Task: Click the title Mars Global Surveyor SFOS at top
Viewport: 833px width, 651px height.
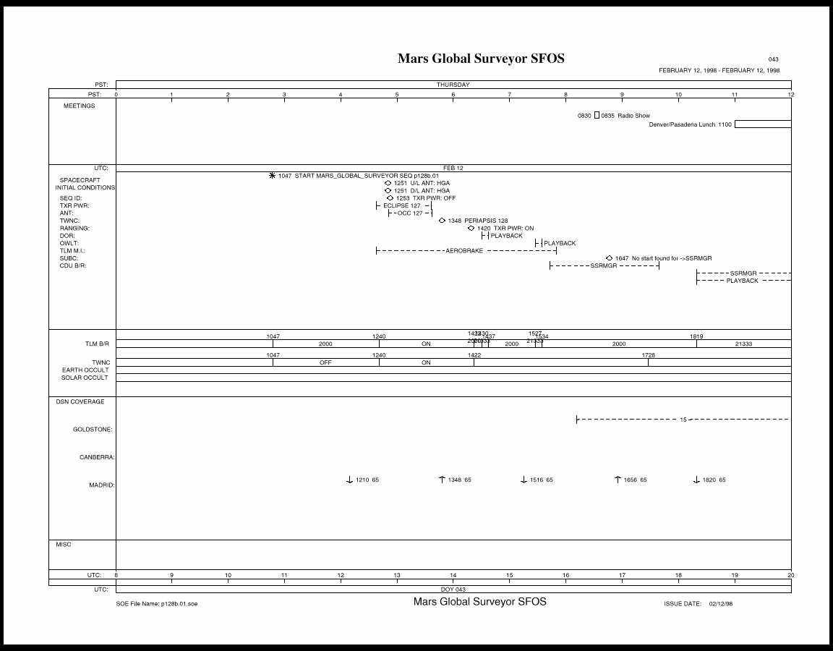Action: point(481,59)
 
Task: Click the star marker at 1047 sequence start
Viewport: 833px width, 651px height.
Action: point(272,176)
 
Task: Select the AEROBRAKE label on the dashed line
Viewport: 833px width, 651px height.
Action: point(464,251)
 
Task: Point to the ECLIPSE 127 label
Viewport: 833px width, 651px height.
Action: point(401,206)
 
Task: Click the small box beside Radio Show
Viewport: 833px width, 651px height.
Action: point(597,116)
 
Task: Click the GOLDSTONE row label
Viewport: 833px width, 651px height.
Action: point(93,430)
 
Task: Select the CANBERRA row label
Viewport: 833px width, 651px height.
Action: point(96,457)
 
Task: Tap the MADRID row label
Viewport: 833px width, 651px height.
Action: point(101,485)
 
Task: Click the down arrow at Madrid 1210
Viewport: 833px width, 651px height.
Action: point(349,480)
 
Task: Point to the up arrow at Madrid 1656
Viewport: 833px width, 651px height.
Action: point(618,480)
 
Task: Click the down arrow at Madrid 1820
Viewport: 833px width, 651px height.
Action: point(696,480)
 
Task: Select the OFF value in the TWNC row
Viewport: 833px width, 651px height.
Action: point(325,362)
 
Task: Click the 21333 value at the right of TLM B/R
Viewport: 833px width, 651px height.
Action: point(743,344)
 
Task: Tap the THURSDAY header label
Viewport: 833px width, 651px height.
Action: point(453,85)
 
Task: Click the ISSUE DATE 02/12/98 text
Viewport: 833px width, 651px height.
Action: point(694,603)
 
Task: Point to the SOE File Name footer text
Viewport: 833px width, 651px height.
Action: point(156,603)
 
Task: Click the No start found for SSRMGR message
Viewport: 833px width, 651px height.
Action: point(672,258)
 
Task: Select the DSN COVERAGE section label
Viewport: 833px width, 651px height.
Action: point(80,401)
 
